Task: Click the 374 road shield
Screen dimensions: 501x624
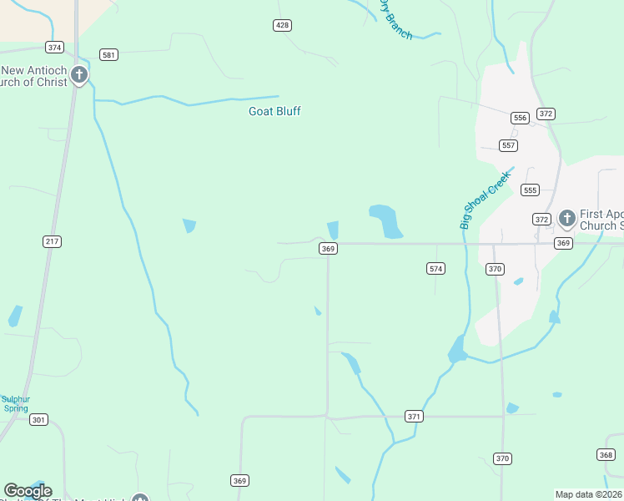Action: pos(55,48)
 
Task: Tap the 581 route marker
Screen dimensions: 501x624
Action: pos(108,54)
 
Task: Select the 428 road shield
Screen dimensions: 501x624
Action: pos(282,25)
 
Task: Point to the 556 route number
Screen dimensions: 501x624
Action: pos(521,118)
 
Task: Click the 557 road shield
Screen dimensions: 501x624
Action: pos(509,145)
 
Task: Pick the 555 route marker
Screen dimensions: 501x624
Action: pos(530,190)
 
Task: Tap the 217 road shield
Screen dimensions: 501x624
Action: pos(52,241)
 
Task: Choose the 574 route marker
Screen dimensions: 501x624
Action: pos(435,268)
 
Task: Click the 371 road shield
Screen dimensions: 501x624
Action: pos(414,416)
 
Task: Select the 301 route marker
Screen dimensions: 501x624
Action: pos(38,419)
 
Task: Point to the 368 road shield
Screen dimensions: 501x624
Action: pos(606,454)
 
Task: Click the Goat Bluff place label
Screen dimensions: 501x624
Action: pos(274,111)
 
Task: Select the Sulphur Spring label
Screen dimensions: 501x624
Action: pos(15,403)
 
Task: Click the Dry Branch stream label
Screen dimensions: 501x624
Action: pos(395,18)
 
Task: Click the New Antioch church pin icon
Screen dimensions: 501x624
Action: pos(79,76)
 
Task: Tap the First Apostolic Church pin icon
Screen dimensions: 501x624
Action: pos(566,219)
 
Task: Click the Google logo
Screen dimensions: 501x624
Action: pos(28,491)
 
